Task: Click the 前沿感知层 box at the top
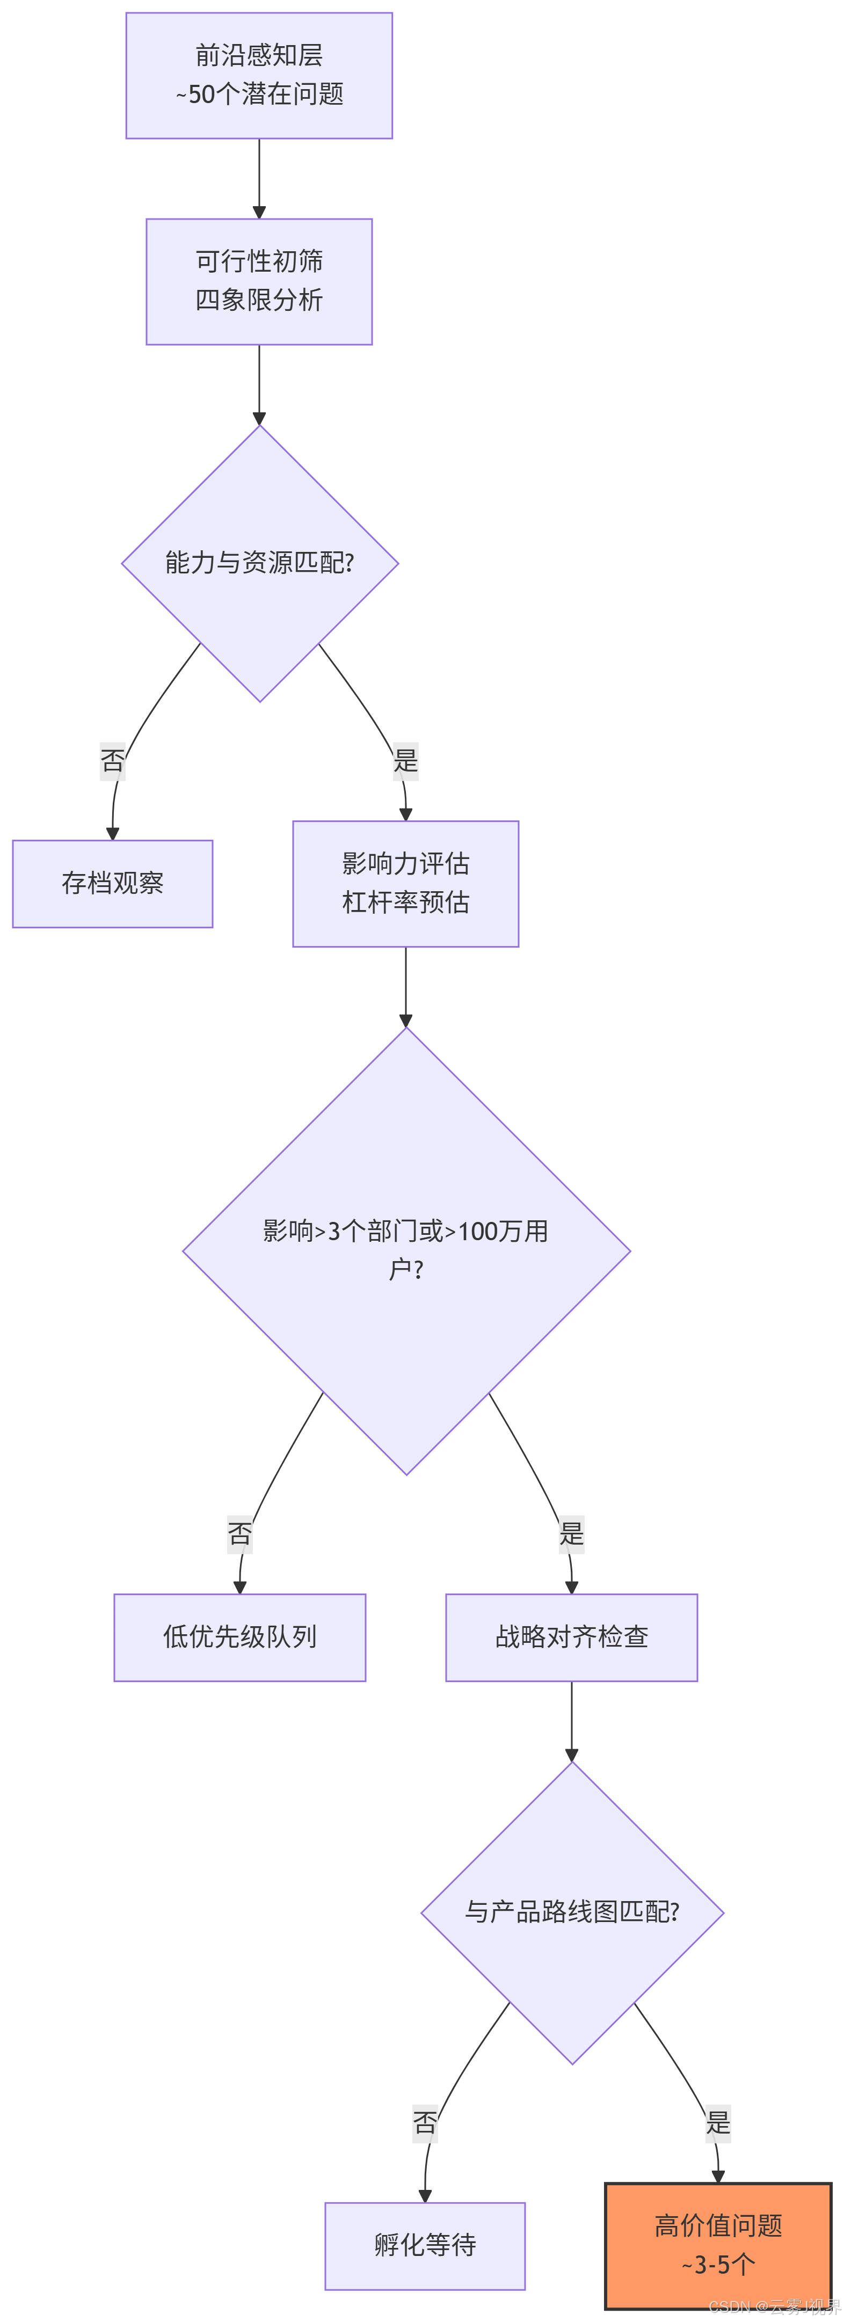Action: point(259,76)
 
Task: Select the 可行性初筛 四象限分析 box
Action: point(259,281)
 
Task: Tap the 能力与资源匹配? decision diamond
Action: point(260,563)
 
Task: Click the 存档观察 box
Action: point(113,883)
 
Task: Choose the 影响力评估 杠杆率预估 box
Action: point(406,883)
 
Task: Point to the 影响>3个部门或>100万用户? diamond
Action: point(406,1250)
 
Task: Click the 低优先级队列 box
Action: point(240,1637)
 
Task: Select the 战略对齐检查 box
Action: point(572,1637)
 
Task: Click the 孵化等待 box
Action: point(425,2245)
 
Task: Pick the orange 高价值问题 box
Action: point(718,2245)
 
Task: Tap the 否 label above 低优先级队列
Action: point(240,1533)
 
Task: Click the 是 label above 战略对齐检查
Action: point(572,1533)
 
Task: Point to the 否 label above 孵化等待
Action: point(425,2123)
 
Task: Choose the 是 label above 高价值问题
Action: point(718,2123)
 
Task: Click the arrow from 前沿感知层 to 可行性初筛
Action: point(259,178)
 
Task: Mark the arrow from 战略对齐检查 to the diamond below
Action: point(572,1722)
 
